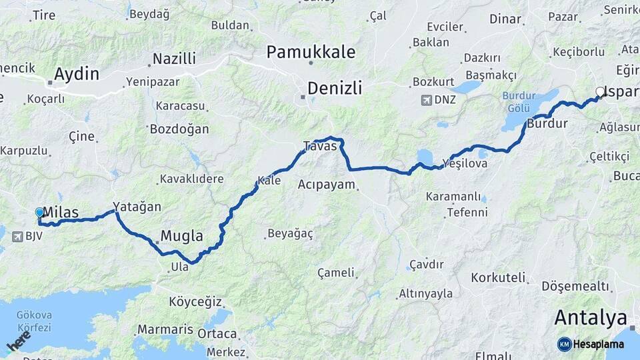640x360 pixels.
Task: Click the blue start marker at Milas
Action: click(39, 213)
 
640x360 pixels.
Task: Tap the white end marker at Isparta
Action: click(599, 93)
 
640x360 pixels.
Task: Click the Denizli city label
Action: click(335, 87)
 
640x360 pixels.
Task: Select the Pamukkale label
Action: click(311, 51)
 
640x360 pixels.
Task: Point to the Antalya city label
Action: click(591, 317)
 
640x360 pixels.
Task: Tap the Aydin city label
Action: click(76, 73)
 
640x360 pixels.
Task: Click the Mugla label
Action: click(181, 235)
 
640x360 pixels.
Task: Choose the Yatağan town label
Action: click(137, 207)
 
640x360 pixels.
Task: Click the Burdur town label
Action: click(547, 123)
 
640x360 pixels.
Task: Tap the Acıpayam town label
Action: click(327, 184)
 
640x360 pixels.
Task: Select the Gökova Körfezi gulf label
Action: click(31, 321)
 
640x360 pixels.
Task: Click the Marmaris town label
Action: click(165, 329)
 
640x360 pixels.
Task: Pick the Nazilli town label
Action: click(174, 59)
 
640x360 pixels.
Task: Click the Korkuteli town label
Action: click(498, 277)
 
